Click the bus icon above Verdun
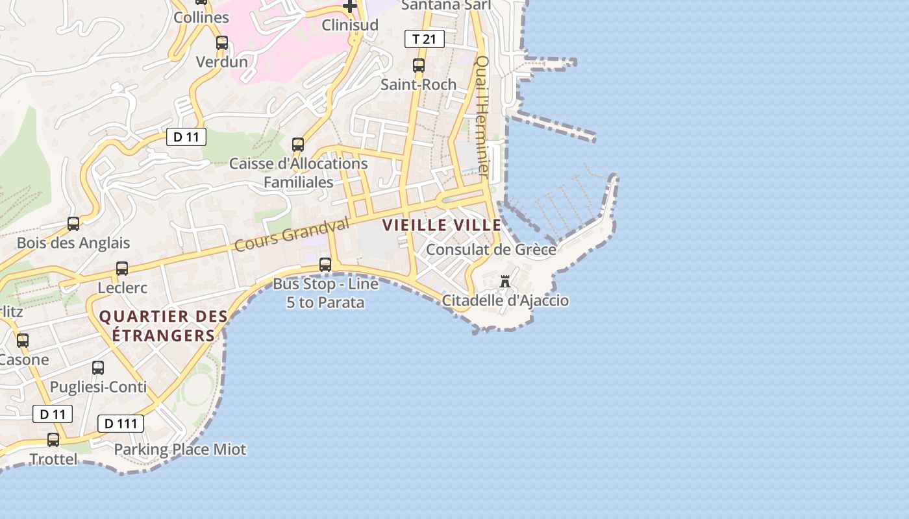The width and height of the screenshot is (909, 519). [222, 43]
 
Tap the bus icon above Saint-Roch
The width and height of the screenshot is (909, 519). [419, 66]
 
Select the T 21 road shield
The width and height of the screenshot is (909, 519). [425, 39]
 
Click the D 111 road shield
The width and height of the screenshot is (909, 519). [120, 424]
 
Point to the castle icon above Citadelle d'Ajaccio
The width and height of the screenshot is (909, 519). [505, 282]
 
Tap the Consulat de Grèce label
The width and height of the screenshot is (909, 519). [491, 250]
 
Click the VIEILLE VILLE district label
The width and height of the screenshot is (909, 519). [442, 225]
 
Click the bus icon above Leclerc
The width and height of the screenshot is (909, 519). [121, 269]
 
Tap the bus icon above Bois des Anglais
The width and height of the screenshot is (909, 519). [73, 224]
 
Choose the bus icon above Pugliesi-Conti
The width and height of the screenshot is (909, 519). [98, 368]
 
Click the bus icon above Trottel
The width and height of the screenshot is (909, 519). [53, 440]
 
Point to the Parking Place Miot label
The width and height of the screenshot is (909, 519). [180, 449]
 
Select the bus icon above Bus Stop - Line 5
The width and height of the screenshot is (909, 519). [325, 265]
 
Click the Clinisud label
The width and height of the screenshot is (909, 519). [350, 25]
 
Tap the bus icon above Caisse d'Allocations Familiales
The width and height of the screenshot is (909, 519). [298, 145]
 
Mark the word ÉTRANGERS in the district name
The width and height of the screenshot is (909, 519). [163, 335]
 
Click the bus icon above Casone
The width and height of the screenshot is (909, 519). [23, 341]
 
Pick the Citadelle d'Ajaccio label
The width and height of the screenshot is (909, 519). [505, 300]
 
